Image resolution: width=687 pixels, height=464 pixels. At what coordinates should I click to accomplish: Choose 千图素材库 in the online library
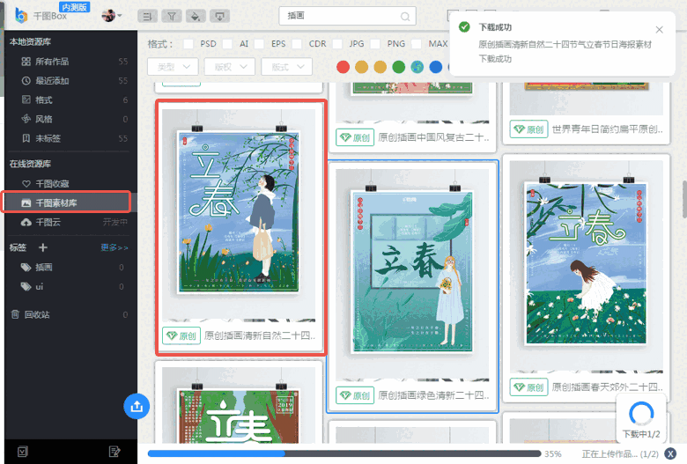coord(56,203)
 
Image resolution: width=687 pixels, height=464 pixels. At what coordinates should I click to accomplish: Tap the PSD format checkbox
coord(188,43)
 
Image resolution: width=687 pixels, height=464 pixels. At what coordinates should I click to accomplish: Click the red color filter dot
coord(343,67)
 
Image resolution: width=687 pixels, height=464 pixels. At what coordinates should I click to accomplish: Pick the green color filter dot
coord(399,67)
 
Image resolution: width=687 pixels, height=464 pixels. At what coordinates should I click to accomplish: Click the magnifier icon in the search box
coord(405,16)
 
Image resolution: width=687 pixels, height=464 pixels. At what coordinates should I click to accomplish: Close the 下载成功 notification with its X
coord(660,30)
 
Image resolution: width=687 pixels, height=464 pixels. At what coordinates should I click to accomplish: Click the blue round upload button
coord(137,406)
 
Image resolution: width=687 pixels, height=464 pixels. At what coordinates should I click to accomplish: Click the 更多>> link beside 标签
coord(114,248)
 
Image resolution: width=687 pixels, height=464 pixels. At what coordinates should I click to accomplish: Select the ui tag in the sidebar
coord(40,286)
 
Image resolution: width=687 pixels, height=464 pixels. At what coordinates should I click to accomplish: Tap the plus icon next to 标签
coord(43,247)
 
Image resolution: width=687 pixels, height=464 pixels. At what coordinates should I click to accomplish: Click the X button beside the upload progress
coord(669,454)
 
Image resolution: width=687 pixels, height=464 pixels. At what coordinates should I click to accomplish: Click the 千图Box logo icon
coord(21,15)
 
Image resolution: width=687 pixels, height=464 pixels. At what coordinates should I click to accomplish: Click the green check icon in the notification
coord(464,27)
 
